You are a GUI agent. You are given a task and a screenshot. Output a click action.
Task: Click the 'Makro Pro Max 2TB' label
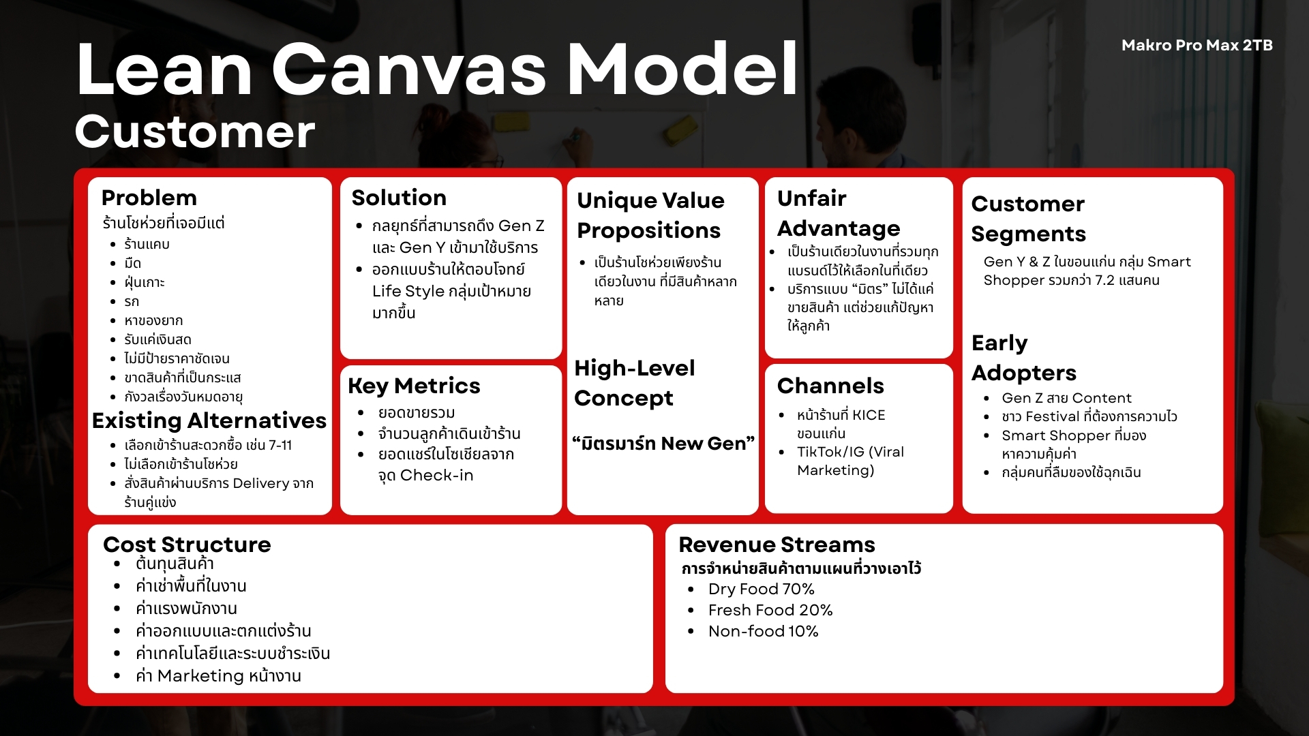tap(1197, 46)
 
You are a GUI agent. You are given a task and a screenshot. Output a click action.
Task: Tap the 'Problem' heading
tap(149, 198)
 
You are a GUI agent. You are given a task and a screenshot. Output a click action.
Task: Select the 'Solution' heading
tap(399, 198)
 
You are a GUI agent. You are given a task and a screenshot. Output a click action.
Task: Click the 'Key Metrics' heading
tap(414, 386)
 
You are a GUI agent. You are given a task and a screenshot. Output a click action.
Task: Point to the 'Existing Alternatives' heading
tap(209, 420)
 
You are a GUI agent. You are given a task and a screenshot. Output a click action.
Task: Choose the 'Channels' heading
tap(830, 386)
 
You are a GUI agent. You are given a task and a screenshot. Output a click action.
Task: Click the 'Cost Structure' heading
tap(187, 545)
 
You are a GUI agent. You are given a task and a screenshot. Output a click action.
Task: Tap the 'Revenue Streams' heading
tap(777, 545)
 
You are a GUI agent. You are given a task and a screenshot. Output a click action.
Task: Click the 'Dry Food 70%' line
tap(761, 589)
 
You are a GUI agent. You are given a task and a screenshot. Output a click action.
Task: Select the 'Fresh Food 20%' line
tap(770, 610)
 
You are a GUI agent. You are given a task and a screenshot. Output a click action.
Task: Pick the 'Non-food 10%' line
tap(763, 631)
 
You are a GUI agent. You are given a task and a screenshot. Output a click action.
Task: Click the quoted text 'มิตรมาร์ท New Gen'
tap(663, 444)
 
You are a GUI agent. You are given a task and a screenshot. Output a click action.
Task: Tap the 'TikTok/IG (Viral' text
tap(850, 452)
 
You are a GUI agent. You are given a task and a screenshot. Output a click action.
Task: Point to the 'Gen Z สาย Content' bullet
tap(1066, 398)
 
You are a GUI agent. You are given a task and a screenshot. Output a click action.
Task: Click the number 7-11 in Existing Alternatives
tap(280, 445)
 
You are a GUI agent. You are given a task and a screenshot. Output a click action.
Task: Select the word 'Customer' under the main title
tap(195, 132)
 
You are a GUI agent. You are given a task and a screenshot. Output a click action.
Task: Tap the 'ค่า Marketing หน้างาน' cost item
tap(218, 675)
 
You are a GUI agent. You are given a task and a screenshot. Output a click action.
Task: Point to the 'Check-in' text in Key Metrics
tap(436, 476)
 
